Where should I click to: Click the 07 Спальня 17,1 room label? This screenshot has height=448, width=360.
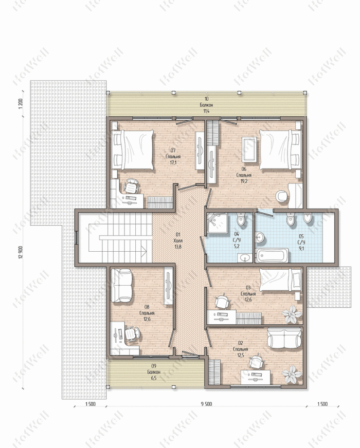[x=173, y=157]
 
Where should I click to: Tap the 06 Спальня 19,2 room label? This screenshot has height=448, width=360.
[x=244, y=175]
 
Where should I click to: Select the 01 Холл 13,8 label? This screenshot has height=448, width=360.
[x=178, y=240]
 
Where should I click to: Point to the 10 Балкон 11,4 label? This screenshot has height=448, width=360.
[x=206, y=105]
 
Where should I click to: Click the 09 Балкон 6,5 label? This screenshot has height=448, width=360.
[x=154, y=372]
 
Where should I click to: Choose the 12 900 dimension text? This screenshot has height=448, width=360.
[x=20, y=252]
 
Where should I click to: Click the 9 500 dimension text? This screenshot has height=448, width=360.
[x=206, y=404]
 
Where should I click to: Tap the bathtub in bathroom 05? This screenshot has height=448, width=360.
[x=272, y=255]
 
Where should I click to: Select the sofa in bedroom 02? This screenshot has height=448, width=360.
[x=284, y=338]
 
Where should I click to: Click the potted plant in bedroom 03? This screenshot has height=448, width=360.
[x=292, y=314]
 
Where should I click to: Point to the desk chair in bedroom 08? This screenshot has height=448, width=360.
[x=133, y=334]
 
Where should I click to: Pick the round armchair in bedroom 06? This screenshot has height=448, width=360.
[x=282, y=196]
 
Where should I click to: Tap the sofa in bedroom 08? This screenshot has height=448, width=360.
[x=121, y=285]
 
